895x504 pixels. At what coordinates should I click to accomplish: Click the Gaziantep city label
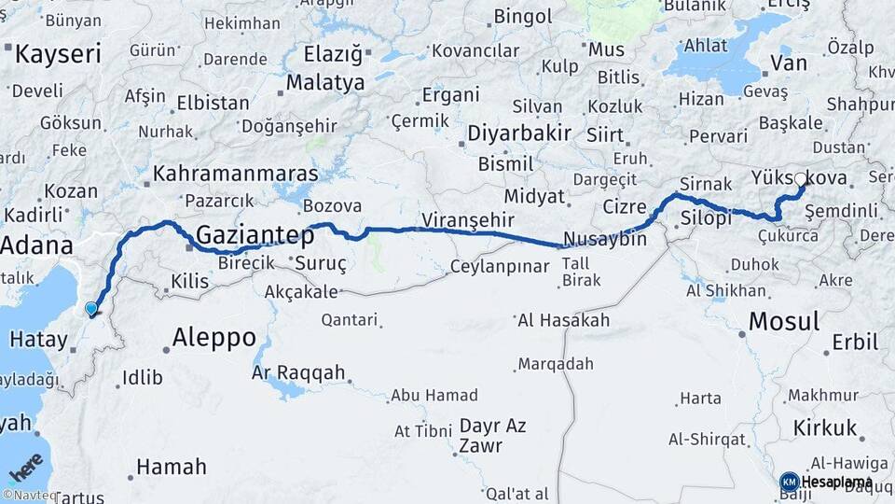point(255,235)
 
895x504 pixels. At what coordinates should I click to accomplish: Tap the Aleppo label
point(214,337)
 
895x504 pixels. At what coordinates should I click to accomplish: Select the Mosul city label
point(783,322)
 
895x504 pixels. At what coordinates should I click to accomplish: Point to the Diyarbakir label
point(518,133)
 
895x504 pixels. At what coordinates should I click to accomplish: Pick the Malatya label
point(324,83)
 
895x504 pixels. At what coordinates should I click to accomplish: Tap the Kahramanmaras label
point(235,174)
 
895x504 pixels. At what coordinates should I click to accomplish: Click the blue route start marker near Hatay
point(90,309)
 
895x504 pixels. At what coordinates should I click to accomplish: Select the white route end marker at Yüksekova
point(800,178)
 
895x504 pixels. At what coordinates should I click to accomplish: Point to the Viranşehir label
point(468,220)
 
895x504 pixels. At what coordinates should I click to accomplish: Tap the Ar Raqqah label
point(298,373)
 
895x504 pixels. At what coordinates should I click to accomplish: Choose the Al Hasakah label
point(563,320)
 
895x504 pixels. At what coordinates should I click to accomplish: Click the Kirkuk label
point(824,428)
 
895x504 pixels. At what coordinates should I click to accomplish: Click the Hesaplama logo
point(828,482)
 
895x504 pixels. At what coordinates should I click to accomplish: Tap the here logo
point(26,467)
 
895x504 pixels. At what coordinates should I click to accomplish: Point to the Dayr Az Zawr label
point(492,436)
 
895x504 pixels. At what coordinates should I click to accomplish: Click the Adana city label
point(37,246)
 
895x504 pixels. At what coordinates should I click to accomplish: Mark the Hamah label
point(171,467)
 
